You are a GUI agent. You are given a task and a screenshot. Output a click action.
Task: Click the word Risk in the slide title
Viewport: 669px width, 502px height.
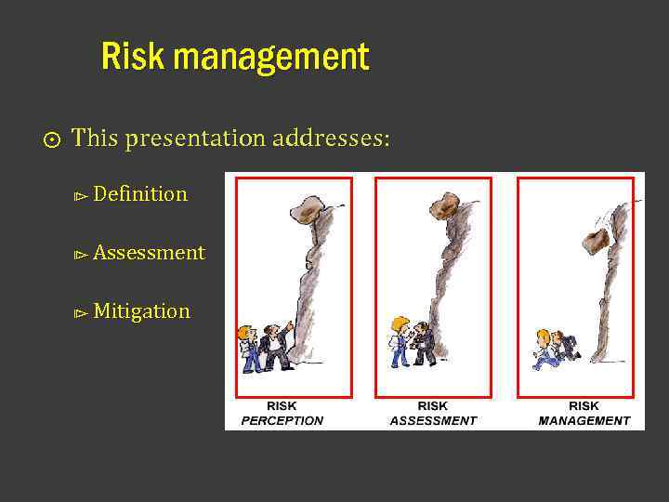pos(133,58)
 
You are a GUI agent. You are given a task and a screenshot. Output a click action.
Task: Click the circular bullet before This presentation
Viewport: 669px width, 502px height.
pos(52,140)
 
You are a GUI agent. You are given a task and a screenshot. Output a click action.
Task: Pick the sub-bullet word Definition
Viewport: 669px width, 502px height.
pos(140,194)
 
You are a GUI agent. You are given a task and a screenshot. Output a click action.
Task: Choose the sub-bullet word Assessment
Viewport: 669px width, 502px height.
pos(149,253)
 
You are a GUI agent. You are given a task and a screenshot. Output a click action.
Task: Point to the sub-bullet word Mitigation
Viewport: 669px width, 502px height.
pos(141,311)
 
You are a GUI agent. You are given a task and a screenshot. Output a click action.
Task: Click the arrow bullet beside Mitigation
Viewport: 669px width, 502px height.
pos(81,313)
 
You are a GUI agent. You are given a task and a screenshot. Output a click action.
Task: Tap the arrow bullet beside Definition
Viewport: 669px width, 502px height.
pos(81,196)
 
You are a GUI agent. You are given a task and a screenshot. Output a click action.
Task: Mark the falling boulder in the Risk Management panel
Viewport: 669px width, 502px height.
pos(594,241)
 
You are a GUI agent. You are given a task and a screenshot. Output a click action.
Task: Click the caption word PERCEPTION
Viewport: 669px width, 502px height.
pos(282,420)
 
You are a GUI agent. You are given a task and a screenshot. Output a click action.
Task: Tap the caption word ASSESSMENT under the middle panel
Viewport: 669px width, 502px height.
pos(433,420)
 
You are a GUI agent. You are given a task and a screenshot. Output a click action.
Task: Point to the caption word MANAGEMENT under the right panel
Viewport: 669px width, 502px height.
pos(584,420)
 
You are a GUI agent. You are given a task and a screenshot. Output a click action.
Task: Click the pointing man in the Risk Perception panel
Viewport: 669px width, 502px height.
pos(275,347)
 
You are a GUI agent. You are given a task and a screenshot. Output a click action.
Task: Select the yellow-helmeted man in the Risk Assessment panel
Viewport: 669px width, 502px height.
pos(400,341)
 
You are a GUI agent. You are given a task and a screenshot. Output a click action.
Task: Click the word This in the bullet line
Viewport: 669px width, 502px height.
pos(93,139)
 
